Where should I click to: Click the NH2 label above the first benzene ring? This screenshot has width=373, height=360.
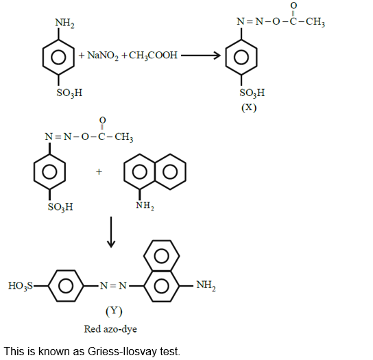(x=65, y=23)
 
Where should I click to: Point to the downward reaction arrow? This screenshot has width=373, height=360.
(x=112, y=234)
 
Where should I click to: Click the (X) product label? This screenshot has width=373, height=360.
(x=248, y=108)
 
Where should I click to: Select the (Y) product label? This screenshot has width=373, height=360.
(x=113, y=311)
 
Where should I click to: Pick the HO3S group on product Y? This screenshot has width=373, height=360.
(x=21, y=285)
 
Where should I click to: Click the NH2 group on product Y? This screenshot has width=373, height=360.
(x=205, y=285)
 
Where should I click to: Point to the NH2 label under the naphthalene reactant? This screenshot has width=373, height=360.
(x=145, y=204)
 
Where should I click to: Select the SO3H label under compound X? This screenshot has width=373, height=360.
(x=252, y=93)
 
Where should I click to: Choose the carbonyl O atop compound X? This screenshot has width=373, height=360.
(x=293, y=5)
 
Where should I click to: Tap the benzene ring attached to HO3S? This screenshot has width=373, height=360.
(x=66, y=285)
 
